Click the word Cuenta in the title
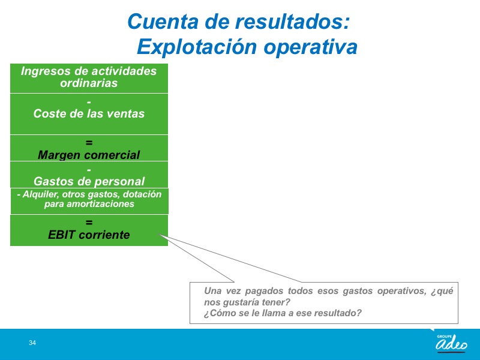pos(163,22)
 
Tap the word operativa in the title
pos(310,47)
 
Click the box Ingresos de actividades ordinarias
pos(89,79)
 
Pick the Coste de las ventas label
pos(89,113)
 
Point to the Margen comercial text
pos(89,155)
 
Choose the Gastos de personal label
pos(89,181)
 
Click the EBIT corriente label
pos(89,235)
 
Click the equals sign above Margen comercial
pos(89,142)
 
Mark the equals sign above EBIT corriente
pos(89,222)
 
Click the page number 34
pos(32,343)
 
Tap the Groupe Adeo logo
pos(452,344)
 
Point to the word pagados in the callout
pos(264,291)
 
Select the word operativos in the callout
pos(401,291)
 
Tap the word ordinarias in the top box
pos(89,83)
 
